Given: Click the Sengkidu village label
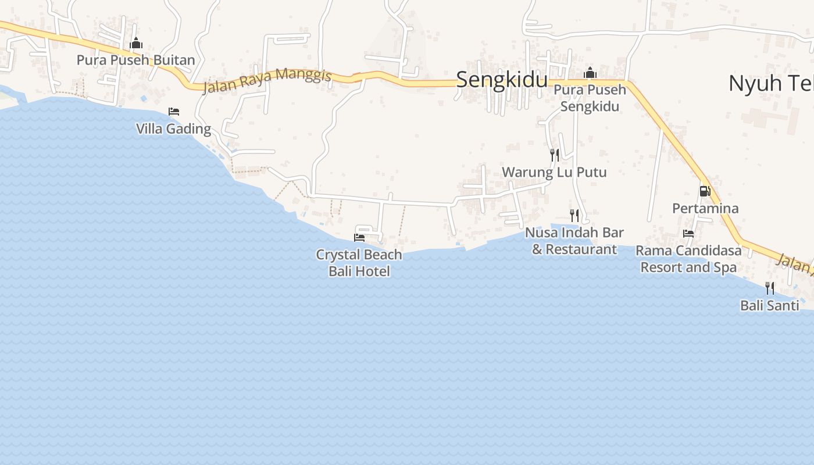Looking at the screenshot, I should click(502, 80).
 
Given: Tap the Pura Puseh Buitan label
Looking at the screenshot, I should click(135, 60).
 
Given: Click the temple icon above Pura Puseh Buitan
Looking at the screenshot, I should click(136, 43).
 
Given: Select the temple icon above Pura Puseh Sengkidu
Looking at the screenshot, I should click(590, 73).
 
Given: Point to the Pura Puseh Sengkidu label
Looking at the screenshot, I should click(590, 98).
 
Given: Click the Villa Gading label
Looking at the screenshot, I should click(173, 128).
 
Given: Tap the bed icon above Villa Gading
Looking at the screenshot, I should click(174, 111).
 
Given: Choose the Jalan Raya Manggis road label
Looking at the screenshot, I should click(267, 81).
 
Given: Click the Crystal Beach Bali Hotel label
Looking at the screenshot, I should click(359, 263).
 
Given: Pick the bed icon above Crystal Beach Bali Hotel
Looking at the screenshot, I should click(359, 237).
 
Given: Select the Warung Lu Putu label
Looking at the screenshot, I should click(554, 172).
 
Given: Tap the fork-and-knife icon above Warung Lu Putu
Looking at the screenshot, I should click(555, 155).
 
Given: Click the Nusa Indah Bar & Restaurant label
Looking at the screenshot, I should click(574, 241).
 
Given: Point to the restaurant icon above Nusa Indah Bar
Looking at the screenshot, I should click(574, 216).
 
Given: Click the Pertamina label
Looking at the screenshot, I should click(705, 208).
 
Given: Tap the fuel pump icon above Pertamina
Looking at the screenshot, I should click(705, 191).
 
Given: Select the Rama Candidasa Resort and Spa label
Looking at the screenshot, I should click(688, 259).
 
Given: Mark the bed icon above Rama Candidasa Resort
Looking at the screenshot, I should click(688, 234).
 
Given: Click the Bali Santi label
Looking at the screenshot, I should click(769, 305).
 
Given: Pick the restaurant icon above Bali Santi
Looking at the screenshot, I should click(770, 288).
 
